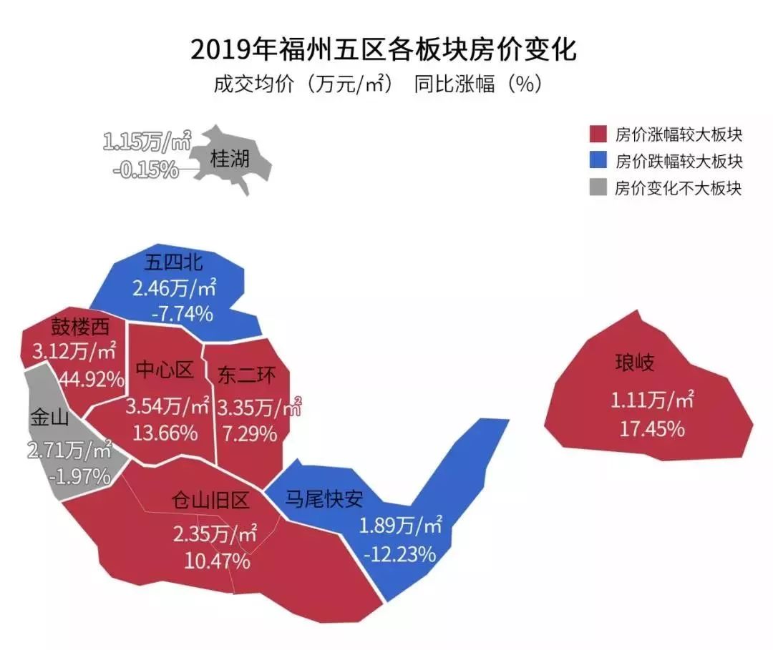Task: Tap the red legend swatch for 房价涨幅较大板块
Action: (x=598, y=134)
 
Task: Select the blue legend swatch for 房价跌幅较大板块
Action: (x=598, y=161)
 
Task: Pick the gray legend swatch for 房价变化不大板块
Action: (x=598, y=188)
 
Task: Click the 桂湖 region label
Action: (x=230, y=158)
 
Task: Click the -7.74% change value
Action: (x=183, y=313)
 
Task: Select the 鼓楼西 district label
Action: (x=80, y=327)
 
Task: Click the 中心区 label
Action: (x=165, y=370)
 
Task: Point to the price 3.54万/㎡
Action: (x=168, y=407)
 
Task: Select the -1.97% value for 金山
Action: (x=81, y=476)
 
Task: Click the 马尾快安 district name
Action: (x=324, y=498)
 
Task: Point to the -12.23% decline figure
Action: (x=399, y=553)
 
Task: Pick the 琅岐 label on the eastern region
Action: (x=634, y=363)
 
